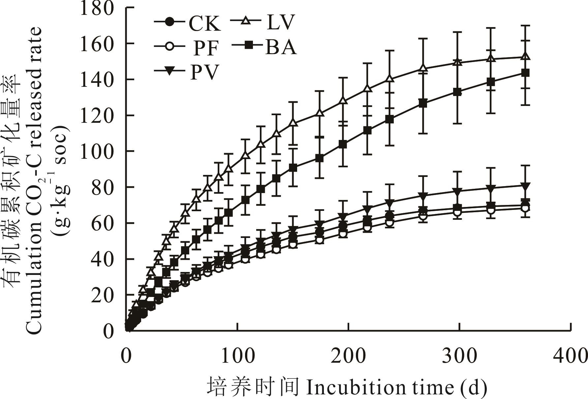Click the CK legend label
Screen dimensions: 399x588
tap(204, 24)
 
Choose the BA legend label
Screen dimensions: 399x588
tap(281, 47)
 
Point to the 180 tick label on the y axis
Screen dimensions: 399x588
tap(97, 8)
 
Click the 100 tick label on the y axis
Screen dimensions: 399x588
tap(97, 151)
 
